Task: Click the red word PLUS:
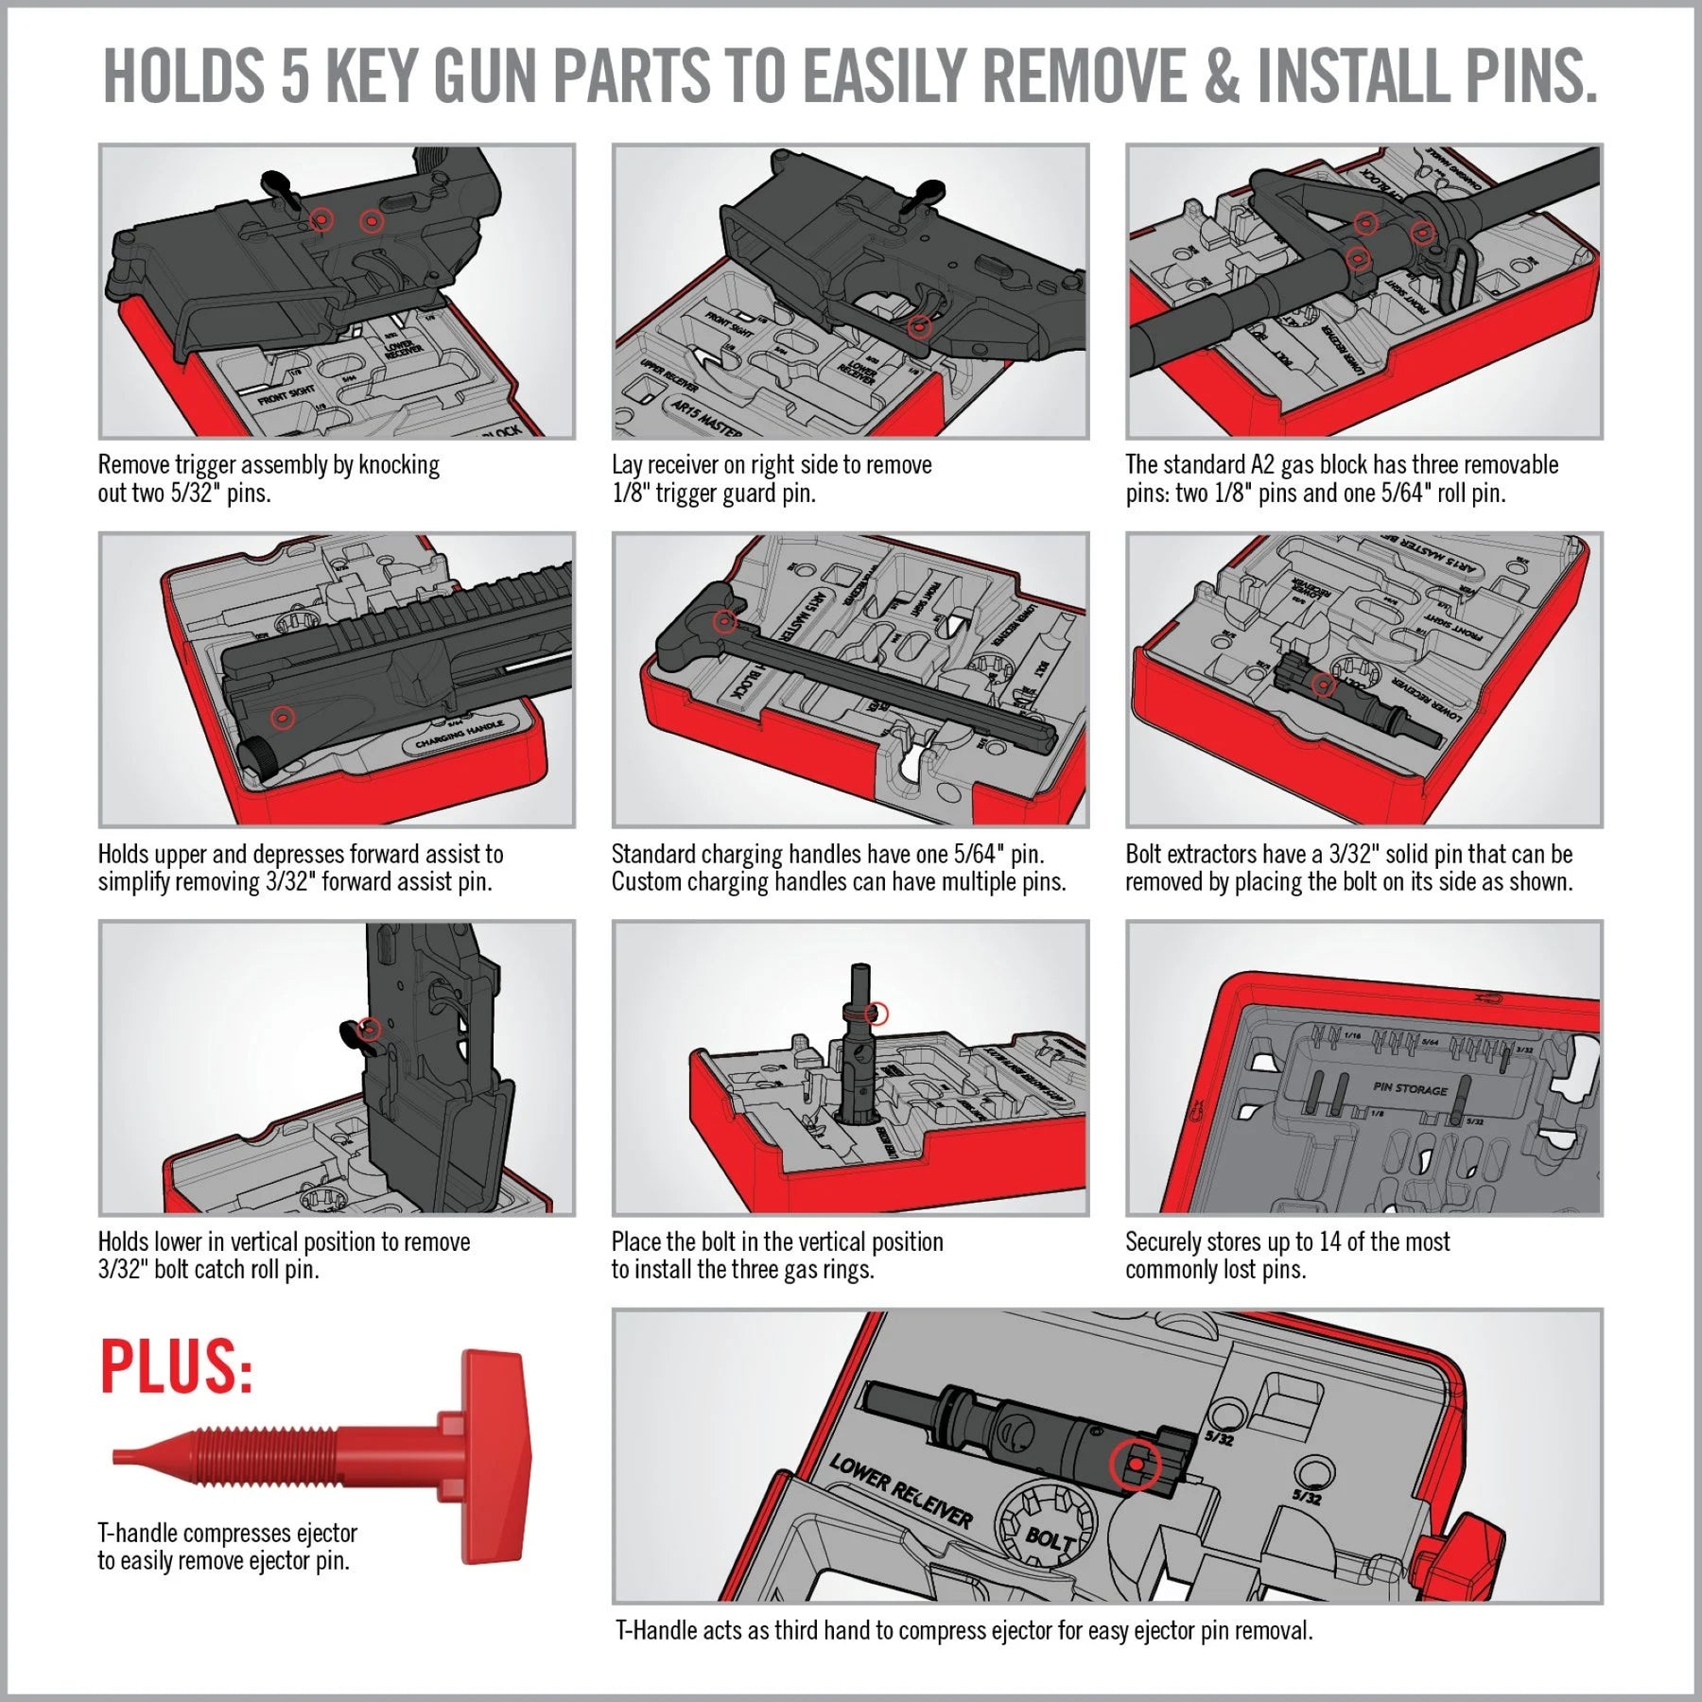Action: (176, 1366)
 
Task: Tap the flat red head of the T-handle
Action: (496, 1456)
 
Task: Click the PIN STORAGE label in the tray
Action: (1410, 1089)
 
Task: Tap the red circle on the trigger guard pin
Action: (919, 327)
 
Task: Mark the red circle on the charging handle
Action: (725, 622)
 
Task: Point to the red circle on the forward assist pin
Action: (282, 718)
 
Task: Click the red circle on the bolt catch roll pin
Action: (370, 1029)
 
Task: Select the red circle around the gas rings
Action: (877, 1014)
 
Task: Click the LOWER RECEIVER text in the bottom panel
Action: (900, 1491)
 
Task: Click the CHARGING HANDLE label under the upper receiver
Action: (460, 734)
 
